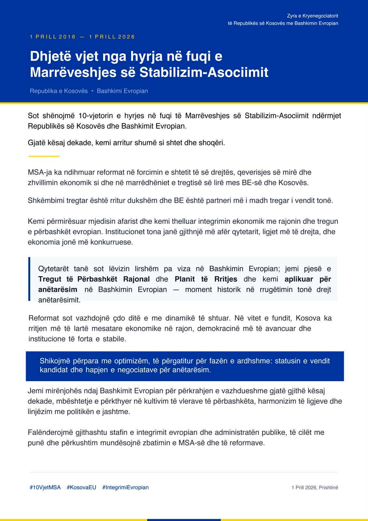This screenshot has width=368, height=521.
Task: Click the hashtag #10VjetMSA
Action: click(x=45, y=487)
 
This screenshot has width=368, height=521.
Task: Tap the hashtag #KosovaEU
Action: click(x=81, y=487)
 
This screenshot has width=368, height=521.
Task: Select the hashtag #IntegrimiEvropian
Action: click(x=125, y=487)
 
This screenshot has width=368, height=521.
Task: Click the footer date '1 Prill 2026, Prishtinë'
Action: click(x=315, y=487)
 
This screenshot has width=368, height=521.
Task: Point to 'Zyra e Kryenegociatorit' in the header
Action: click(x=312, y=16)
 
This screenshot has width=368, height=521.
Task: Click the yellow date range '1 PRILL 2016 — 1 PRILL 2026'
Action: click(x=82, y=37)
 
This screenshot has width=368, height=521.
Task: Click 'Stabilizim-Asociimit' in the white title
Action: click(x=204, y=72)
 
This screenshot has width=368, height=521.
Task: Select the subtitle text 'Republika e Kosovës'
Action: click(x=59, y=91)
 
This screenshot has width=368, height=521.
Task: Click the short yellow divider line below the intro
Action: click(x=44, y=156)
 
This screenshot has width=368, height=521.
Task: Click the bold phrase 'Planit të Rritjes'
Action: click(x=206, y=279)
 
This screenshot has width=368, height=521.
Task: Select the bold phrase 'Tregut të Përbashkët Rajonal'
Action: click(x=94, y=279)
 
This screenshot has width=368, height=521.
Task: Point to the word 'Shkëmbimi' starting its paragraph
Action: click(x=46, y=200)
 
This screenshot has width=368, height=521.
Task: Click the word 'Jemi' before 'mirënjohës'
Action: click(x=35, y=391)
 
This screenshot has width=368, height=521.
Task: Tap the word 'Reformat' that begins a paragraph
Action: click(x=44, y=318)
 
